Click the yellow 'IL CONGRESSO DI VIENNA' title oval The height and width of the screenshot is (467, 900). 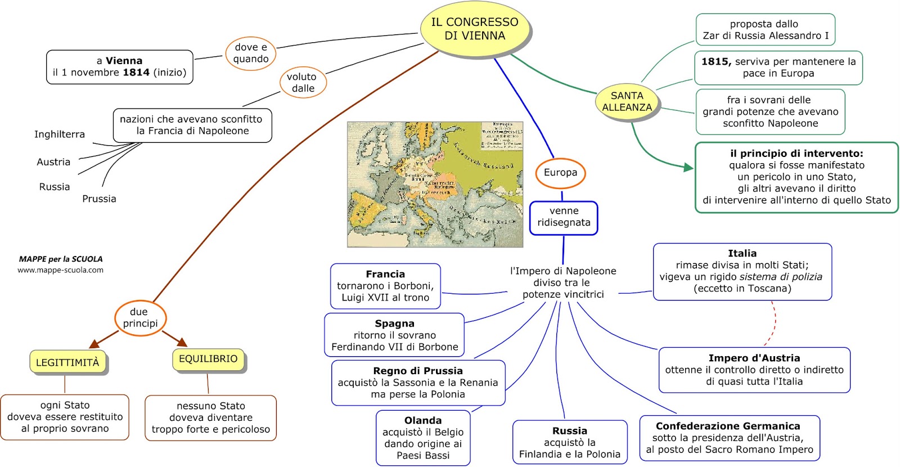[475, 29]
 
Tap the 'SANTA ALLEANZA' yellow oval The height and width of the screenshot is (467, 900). [627, 101]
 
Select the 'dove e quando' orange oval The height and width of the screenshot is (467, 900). [251, 53]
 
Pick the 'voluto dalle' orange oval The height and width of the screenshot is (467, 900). [303, 83]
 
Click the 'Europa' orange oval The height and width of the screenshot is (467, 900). [560, 173]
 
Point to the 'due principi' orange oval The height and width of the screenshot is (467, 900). [140, 318]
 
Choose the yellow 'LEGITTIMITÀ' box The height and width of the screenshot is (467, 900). [67, 362]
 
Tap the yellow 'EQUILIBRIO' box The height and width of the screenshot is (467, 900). [208, 359]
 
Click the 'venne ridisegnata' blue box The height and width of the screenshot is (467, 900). [564, 217]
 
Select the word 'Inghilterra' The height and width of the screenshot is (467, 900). [60, 134]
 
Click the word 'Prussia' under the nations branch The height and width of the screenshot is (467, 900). [99, 199]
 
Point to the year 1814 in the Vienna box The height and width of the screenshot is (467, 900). [136, 73]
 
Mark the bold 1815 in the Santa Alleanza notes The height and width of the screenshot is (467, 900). [715, 62]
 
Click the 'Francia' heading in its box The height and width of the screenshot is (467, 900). [385, 275]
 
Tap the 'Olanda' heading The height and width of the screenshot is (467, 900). [423, 421]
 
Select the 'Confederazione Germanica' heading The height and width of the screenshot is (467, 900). [728, 426]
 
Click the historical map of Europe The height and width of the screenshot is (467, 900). [435, 185]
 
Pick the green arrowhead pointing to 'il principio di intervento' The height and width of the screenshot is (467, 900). [688, 167]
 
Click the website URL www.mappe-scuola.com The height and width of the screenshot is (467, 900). [60, 270]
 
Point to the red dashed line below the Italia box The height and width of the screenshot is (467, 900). [773, 324]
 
